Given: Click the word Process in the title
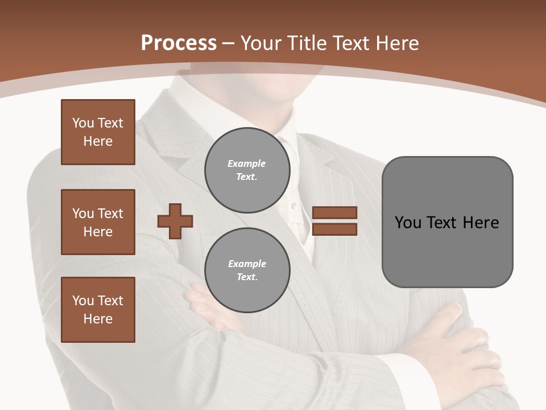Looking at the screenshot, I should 179,43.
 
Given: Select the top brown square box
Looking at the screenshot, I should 98,132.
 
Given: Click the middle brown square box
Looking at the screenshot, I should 98,222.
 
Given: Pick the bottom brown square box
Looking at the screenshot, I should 98,310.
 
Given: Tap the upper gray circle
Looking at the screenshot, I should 247,170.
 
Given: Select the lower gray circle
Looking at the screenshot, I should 247,270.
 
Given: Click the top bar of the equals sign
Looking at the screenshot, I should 334,212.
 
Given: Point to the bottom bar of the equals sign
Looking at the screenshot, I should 334,229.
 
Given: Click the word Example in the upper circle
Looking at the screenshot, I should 246,163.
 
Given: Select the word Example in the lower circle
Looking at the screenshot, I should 247,264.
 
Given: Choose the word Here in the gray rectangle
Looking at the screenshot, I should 481,223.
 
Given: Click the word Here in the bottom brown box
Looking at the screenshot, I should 98,319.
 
